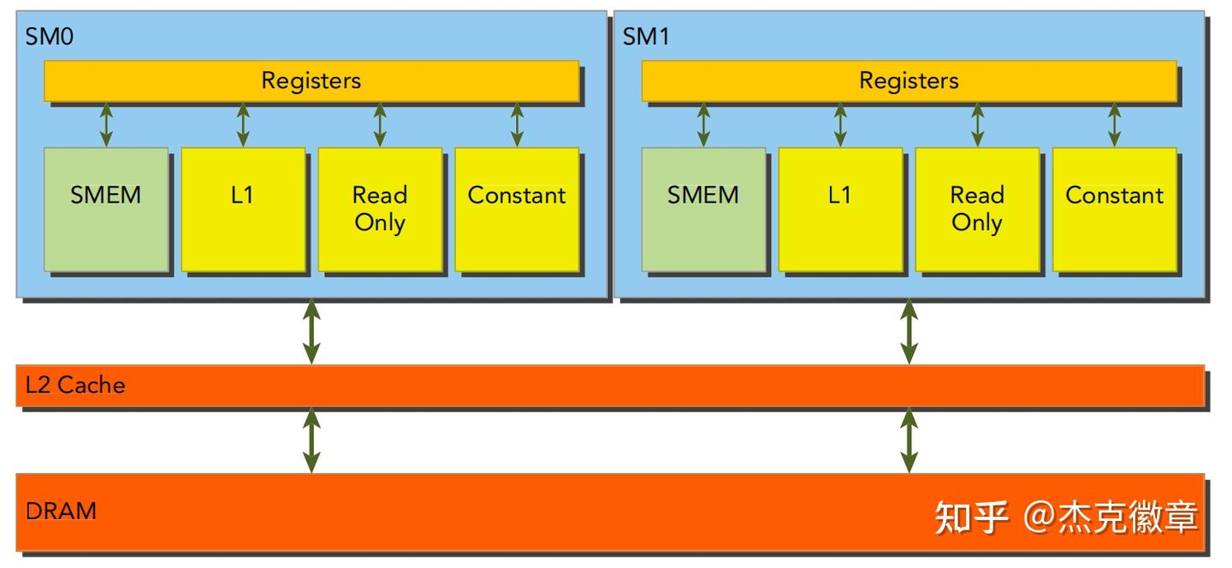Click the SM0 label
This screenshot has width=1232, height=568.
[x=49, y=37]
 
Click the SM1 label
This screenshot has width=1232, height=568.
[x=647, y=37]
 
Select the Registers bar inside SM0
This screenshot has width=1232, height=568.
[x=311, y=81]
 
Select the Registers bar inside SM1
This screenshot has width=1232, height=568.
[x=909, y=81]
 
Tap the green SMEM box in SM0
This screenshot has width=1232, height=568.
[x=106, y=210]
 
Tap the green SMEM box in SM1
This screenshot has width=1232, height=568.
[x=703, y=210]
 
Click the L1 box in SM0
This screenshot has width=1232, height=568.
[x=243, y=210]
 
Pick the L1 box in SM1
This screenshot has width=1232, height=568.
[x=840, y=210]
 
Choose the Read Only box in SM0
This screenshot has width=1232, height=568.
[x=380, y=210]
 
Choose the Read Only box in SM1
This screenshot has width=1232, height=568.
[x=977, y=210]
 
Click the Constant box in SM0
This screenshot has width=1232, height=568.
[x=517, y=210]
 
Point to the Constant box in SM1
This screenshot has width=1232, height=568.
[x=1114, y=210]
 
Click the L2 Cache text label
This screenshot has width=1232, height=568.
[x=75, y=386]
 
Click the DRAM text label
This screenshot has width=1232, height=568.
[x=61, y=512]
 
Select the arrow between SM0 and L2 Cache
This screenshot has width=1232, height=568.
[x=311, y=331]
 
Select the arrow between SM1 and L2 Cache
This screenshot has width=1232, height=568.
[x=909, y=331]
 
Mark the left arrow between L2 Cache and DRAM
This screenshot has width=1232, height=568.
[x=311, y=440]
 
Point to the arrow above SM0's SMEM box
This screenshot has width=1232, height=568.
[x=106, y=125]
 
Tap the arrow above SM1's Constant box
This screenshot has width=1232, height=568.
[x=1114, y=125]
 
